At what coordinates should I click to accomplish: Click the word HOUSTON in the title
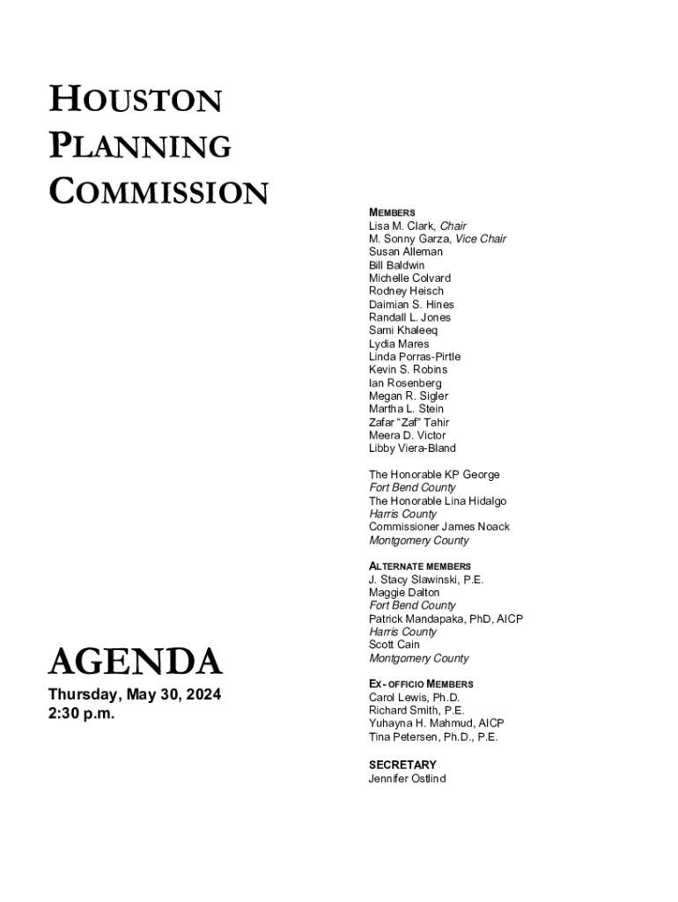(x=135, y=100)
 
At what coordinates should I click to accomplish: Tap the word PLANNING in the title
(x=140, y=145)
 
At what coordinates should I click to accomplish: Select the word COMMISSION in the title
(x=158, y=191)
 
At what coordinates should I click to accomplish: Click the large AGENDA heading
(x=135, y=661)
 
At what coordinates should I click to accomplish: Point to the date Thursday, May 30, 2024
(x=134, y=695)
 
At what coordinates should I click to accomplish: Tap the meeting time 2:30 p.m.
(x=81, y=713)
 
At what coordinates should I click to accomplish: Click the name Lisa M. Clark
(x=402, y=225)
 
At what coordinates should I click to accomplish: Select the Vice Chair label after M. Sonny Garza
(x=481, y=239)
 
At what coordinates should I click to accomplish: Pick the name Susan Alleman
(x=406, y=252)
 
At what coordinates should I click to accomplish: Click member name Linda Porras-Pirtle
(x=415, y=357)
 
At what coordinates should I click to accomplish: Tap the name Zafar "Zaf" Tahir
(x=409, y=422)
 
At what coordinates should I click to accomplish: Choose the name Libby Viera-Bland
(x=412, y=448)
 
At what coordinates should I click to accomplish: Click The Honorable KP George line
(x=434, y=475)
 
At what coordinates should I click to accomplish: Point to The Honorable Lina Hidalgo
(x=438, y=501)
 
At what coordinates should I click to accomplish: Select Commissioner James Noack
(x=439, y=527)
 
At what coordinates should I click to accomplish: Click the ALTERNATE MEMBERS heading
(x=420, y=566)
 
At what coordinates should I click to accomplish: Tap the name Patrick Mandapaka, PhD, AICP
(x=446, y=619)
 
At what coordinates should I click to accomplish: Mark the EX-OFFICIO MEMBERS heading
(x=421, y=684)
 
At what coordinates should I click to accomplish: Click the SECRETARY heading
(x=402, y=765)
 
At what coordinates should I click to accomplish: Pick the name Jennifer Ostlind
(x=407, y=779)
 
